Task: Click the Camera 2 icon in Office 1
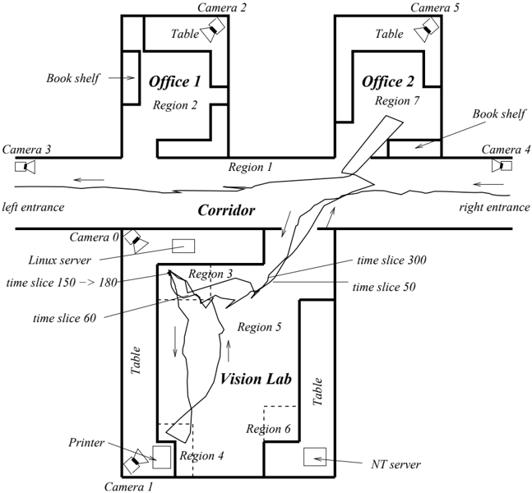coord(213,30)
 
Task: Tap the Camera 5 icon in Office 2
coord(427,30)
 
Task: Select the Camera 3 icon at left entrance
coord(25,167)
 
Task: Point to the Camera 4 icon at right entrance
coord(502,166)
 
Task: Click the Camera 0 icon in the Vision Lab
coord(136,241)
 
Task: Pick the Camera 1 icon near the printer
coord(136,461)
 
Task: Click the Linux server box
coord(183,246)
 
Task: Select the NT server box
coord(315,457)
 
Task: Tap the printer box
coord(161,457)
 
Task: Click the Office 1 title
coord(175,81)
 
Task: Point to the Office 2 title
coord(388,81)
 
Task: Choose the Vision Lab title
coord(256,379)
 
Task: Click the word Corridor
coord(226,210)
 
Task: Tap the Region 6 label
coord(268,429)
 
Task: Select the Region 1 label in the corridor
coord(251,167)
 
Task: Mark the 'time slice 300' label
coord(391,260)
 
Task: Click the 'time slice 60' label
coord(64,318)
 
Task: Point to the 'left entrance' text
coord(33,207)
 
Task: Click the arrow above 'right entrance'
coord(488,184)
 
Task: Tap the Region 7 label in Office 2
coord(397,101)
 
